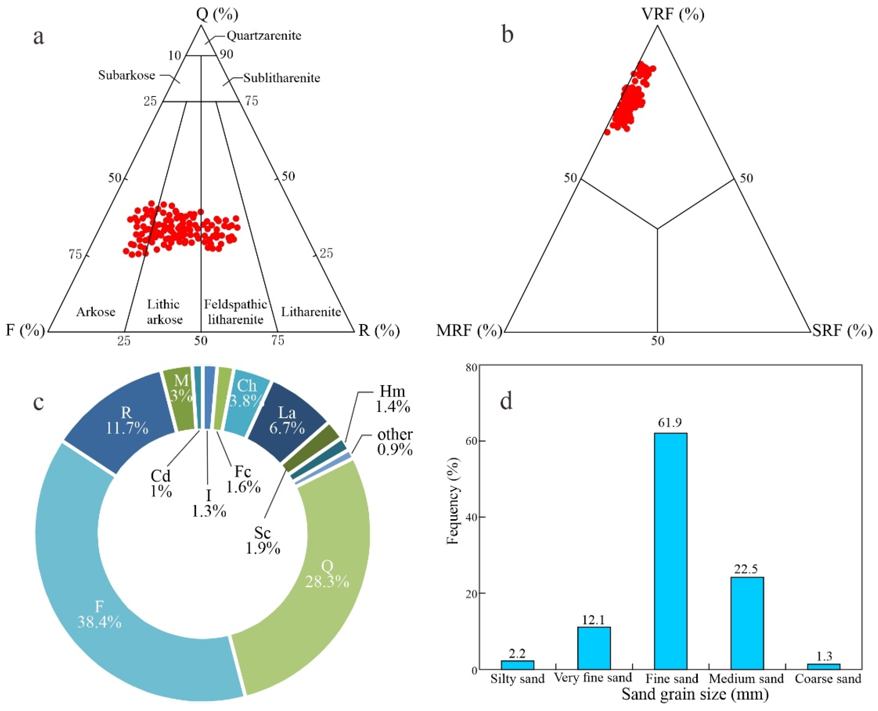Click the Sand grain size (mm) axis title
pyautogui.click(x=695, y=694)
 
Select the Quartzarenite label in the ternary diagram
pyautogui.click(x=264, y=36)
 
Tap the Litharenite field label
pyautogui.click(x=311, y=312)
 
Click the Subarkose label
pyautogui.click(x=127, y=75)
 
